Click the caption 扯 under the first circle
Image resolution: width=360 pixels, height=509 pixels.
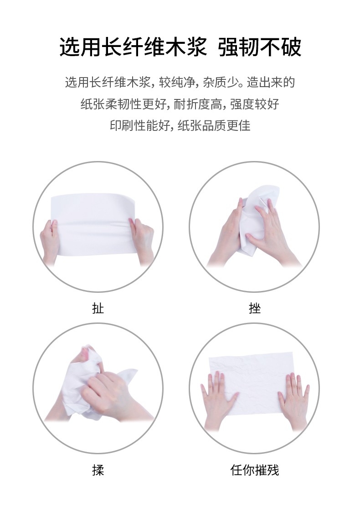pyautogui.click(x=98, y=308)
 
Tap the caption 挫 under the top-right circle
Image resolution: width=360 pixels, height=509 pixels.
pyautogui.click(x=255, y=308)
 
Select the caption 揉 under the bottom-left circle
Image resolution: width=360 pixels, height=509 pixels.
pyautogui.click(x=98, y=470)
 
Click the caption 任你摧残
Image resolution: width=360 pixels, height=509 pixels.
pyautogui.click(x=255, y=470)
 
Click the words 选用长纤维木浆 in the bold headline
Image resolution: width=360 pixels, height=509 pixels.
pyautogui.click(x=134, y=47)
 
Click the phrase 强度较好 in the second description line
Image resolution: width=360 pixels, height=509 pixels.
pyautogui.click(x=255, y=104)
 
